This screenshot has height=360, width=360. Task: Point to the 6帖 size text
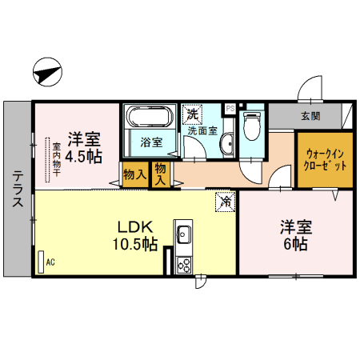click(294, 245)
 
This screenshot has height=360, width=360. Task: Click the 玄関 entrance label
click(310, 116)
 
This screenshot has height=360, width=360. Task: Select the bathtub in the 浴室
click(147, 118)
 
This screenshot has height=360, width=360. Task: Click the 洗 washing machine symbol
click(193, 113)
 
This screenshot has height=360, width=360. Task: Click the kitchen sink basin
click(183, 236)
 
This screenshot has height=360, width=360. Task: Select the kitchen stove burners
click(183, 263)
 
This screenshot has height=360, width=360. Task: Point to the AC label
click(50, 262)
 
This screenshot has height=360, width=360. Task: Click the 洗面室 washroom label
click(200, 130)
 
